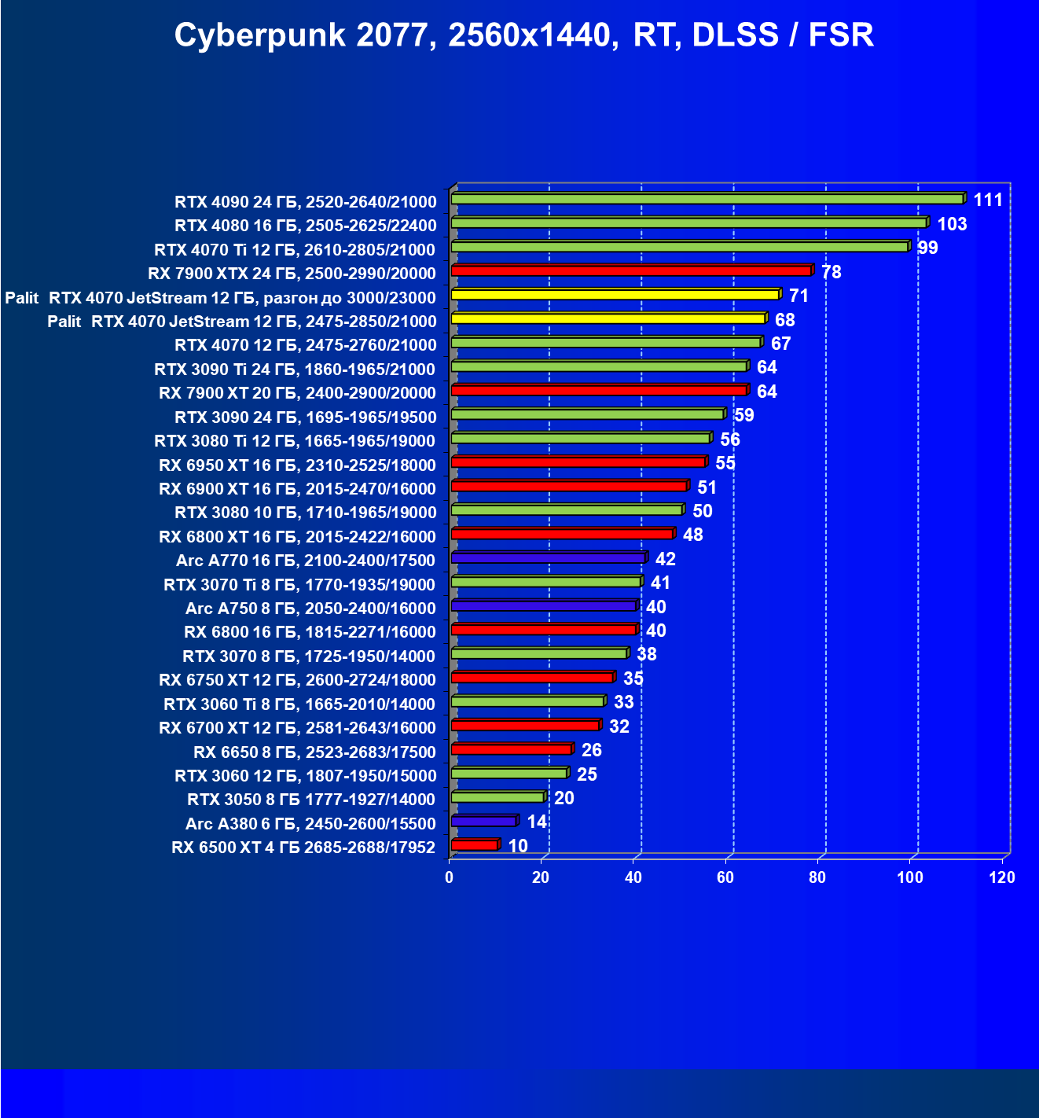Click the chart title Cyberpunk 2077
click(x=523, y=35)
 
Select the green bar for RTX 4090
click(x=707, y=199)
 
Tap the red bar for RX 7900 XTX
click(x=631, y=271)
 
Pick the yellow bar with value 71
click(x=615, y=295)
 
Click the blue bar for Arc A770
click(x=548, y=558)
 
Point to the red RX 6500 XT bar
click(x=475, y=845)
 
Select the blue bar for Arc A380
click(x=483, y=822)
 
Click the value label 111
click(x=988, y=200)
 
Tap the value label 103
click(x=952, y=224)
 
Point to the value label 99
click(x=927, y=248)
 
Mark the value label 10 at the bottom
click(x=518, y=846)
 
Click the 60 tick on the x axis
click(x=725, y=877)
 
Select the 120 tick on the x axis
click(x=1002, y=877)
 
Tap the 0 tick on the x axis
click(x=450, y=877)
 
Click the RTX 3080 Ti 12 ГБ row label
click(x=295, y=441)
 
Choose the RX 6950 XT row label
click(x=297, y=465)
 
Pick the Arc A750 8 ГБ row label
click(x=310, y=609)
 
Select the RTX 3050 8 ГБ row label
click(x=311, y=800)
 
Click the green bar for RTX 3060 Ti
click(x=527, y=701)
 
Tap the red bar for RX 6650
click(x=511, y=749)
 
